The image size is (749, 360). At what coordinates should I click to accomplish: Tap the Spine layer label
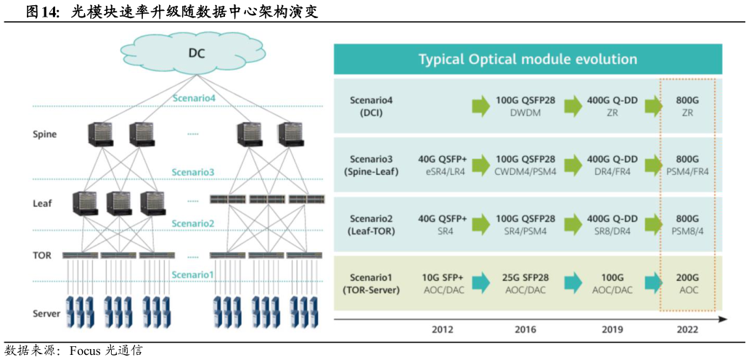click(x=45, y=134)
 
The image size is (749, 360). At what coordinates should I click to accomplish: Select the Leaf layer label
click(x=43, y=203)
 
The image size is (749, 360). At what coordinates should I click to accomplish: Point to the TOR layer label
click(x=41, y=255)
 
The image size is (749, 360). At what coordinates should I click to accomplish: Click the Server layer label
click(x=46, y=314)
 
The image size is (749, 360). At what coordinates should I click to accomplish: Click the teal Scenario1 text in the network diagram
click(x=192, y=274)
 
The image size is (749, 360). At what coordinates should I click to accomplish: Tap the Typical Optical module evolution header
click(x=528, y=60)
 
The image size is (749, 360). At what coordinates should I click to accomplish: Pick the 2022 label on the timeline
click(x=687, y=330)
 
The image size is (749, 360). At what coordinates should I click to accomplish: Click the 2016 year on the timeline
click(x=525, y=330)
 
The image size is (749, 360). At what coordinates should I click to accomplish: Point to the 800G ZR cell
click(x=687, y=107)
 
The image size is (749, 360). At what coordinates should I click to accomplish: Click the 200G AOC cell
click(x=687, y=283)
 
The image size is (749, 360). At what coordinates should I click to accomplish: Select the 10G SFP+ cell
click(x=442, y=283)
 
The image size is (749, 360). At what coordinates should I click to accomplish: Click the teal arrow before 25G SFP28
click(x=481, y=283)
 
